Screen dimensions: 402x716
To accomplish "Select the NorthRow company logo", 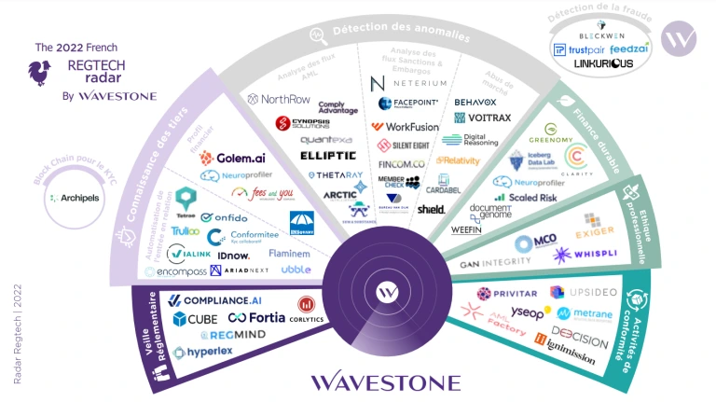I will pos(278,98).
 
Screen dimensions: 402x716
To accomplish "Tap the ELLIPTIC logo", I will pos(327,155).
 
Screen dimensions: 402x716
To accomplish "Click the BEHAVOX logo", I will pos(475,102).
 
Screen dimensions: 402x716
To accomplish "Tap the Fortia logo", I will pos(255,318).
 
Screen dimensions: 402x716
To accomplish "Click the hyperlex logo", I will pos(202,352).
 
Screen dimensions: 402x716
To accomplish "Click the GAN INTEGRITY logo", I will pos(494,265).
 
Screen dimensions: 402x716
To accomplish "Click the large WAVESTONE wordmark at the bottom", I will pos(385,381).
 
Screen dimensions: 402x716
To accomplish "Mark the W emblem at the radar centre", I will pos(381,292).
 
